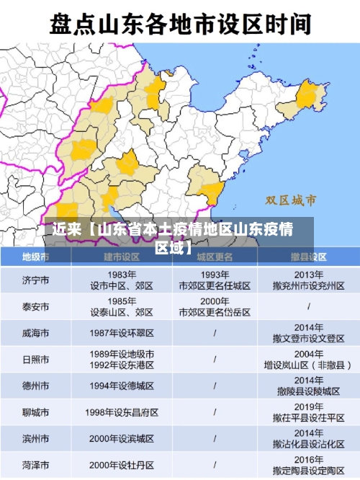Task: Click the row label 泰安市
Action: pyautogui.click(x=35, y=306)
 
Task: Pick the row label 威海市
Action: pyautogui.click(x=35, y=333)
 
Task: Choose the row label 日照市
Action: pyautogui.click(x=35, y=360)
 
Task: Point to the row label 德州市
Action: pyautogui.click(x=35, y=386)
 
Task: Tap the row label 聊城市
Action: pyautogui.click(x=35, y=412)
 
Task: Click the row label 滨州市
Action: pyautogui.click(x=35, y=438)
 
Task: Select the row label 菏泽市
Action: pyautogui.click(x=35, y=465)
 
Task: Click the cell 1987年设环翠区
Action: pyautogui.click(x=122, y=333)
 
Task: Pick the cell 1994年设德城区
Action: pyautogui.click(x=122, y=386)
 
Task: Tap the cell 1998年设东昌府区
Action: pyautogui.click(x=122, y=412)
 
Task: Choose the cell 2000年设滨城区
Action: pyautogui.click(x=122, y=438)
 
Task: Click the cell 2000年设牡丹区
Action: pyautogui.click(x=122, y=465)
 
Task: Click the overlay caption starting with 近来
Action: pyautogui.click(x=172, y=239)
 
